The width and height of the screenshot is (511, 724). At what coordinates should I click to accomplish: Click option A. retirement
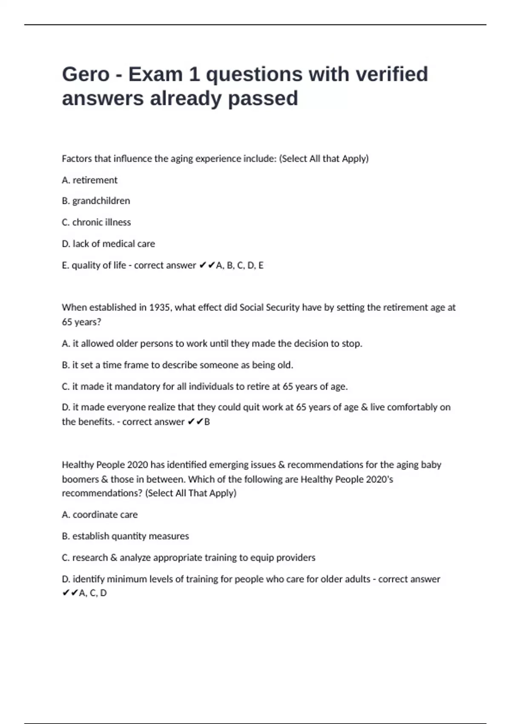pyautogui.click(x=89, y=180)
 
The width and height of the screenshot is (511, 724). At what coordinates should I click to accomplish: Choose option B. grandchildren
pyautogui.click(x=96, y=201)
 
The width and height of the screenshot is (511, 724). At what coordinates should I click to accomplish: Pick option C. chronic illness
pyautogui.click(x=96, y=222)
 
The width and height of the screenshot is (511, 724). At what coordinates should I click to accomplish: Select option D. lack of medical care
pyautogui.click(x=108, y=244)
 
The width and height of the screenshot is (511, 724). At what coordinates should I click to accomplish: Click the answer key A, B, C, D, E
pyautogui.click(x=240, y=265)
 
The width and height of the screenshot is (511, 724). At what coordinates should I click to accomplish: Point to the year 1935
pyautogui.click(x=160, y=307)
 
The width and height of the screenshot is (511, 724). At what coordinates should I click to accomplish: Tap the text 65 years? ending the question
pyautogui.click(x=81, y=322)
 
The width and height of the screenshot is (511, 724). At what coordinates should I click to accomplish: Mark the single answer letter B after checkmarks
pyautogui.click(x=207, y=422)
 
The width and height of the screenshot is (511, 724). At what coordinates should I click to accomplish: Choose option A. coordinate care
pyautogui.click(x=100, y=515)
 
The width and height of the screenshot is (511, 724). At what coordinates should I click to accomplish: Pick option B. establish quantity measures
pyautogui.click(x=125, y=536)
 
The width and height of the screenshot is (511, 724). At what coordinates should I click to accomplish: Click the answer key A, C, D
pyautogui.click(x=93, y=593)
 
